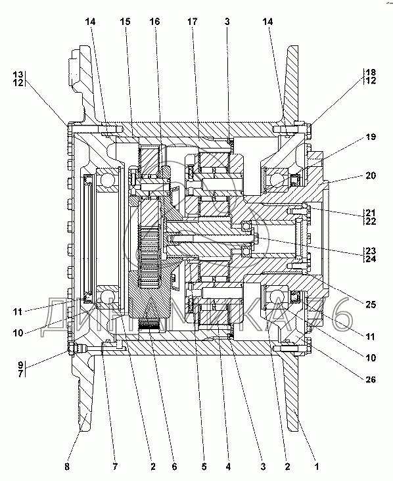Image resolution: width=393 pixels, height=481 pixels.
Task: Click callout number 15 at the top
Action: click(x=125, y=22)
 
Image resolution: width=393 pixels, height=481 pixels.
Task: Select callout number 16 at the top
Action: click(x=154, y=22)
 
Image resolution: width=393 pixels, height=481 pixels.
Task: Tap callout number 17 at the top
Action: click(x=193, y=22)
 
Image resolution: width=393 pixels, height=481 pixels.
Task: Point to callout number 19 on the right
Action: click(x=371, y=137)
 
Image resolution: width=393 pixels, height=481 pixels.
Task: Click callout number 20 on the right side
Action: click(x=371, y=175)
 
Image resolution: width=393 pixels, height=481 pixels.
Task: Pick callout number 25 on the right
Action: click(x=371, y=304)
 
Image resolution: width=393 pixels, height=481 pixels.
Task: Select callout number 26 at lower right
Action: click(x=371, y=379)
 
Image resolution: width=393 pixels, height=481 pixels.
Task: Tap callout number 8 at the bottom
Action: click(x=67, y=467)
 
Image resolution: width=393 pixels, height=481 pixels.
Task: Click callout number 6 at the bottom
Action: click(x=174, y=467)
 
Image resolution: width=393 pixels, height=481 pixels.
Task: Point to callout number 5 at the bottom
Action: click(x=204, y=467)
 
